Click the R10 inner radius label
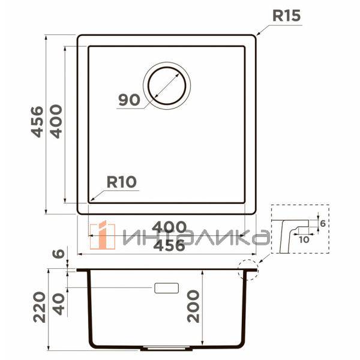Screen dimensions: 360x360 [122, 181]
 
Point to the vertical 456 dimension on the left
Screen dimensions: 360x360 [37, 122]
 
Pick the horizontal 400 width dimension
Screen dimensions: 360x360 [167, 227]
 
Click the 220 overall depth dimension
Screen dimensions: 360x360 [40, 307]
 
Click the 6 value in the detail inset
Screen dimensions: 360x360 [322, 223]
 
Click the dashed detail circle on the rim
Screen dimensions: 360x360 [247, 270]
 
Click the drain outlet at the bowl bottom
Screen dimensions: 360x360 [167, 348]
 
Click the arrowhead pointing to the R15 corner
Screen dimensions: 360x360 [259, 33]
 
